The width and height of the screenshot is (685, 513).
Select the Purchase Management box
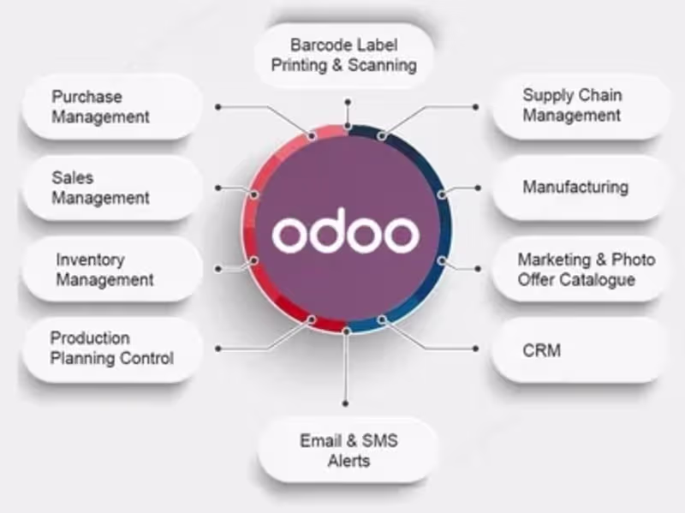(x=111, y=106)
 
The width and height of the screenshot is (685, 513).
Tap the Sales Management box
(x=111, y=188)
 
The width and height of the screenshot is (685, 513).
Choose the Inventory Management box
(x=111, y=269)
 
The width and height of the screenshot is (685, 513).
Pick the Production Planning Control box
(x=111, y=349)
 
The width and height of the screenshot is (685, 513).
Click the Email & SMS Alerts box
(x=348, y=450)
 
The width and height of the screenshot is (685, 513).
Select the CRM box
(x=579, y=350)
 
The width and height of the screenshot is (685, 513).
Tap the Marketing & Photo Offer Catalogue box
(x=579, y=269)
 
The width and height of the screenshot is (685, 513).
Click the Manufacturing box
(x=579, y=187)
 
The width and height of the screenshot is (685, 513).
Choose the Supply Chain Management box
(x=579, y=105)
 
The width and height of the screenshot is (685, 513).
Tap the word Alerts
(x=348, y=461)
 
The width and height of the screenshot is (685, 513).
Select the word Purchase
(x=86, y=96)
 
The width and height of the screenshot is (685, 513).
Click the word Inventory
(x=90, y=259)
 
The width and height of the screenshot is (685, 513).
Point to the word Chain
(x=599, y=95)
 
